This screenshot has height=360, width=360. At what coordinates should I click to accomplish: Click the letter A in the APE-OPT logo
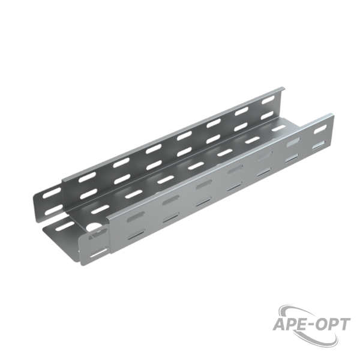[279, 325]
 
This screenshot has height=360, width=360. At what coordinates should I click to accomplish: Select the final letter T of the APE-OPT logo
[344, 324]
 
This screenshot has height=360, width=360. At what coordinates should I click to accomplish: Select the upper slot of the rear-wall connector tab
[52, 192]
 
